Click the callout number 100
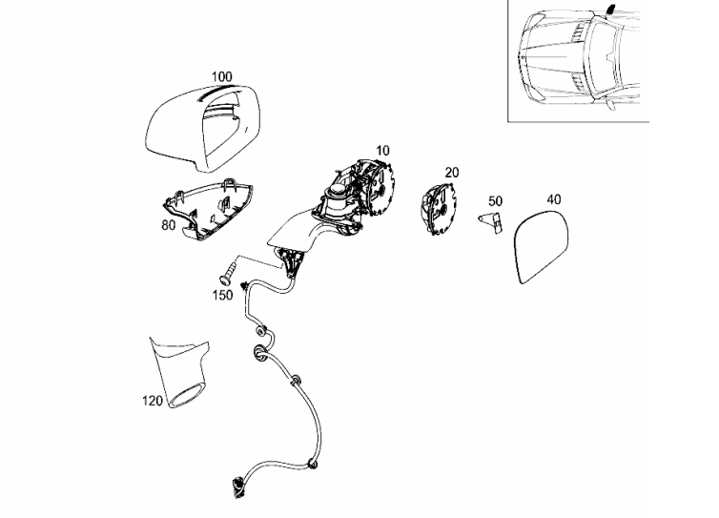222,76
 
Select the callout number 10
382,151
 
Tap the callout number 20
452,173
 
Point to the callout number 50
495,201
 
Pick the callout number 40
554,199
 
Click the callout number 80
168,225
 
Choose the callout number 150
222,296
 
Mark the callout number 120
153,401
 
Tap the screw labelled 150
227,273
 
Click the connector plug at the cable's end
238,487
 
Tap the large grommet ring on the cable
260,353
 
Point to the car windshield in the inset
605,57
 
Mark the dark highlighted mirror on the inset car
611,9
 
